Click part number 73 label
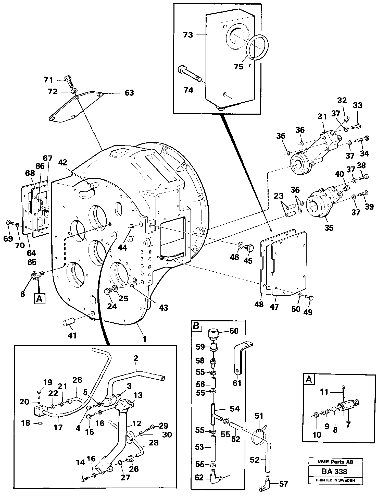188,35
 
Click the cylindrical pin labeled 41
68,321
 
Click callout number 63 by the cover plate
129,93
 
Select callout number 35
329,228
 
